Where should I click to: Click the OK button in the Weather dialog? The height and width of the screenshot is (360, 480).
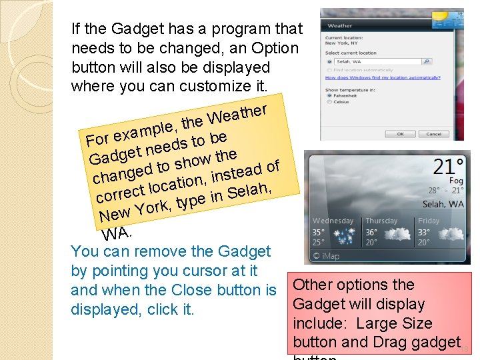tap(400, 133)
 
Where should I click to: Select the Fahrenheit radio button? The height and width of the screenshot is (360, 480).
tap(329, 95)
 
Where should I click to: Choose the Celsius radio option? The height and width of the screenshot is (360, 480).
tap(329, 102)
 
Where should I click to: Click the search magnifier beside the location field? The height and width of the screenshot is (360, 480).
tap(427, 61)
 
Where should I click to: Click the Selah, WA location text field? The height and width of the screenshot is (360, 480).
tap(377, 61)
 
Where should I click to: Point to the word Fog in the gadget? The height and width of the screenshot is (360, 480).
tap(456, 181)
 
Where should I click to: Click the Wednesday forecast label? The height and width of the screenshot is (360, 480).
tap(333, 221)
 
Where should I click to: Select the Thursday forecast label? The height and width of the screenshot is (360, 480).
tap(381, 221)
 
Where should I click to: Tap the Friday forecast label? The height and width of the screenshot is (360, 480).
tap(429, 221)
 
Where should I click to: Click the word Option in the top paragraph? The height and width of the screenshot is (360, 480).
tap(275, 48)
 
